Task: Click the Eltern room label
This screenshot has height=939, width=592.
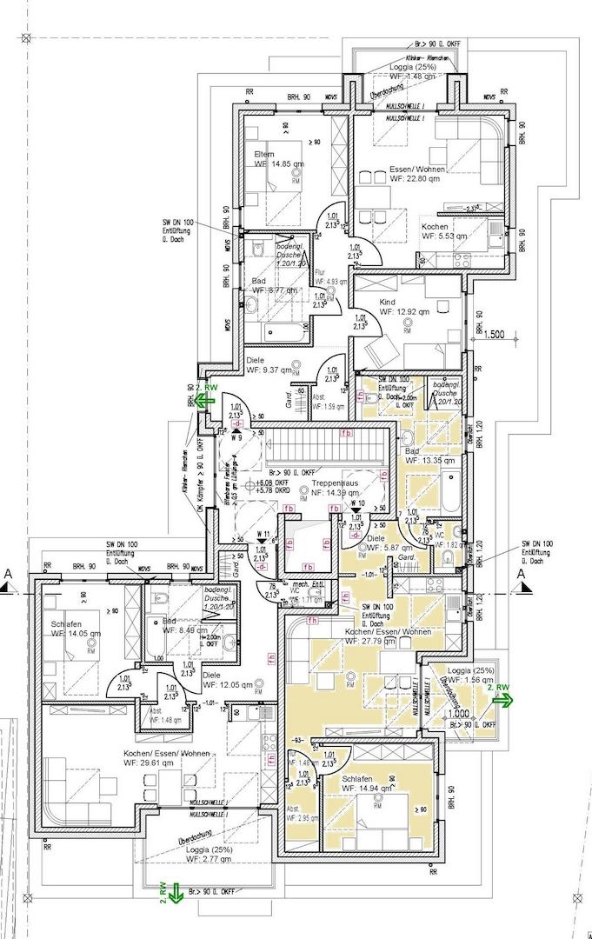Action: coord(263,154)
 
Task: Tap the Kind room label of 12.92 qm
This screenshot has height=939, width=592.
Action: coord(387,303)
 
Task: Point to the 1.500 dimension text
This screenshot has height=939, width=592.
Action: coord(495,334)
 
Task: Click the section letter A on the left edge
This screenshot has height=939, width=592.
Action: coord(8,575)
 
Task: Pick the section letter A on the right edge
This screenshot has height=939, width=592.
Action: coord(521,575)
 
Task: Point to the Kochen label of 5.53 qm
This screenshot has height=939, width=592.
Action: coord(435,227)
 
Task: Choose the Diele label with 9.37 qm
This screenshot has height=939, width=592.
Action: coord(255,360)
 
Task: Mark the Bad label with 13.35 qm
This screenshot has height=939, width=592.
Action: coord(413,452)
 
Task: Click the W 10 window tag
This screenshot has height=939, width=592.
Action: coord(356,503)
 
